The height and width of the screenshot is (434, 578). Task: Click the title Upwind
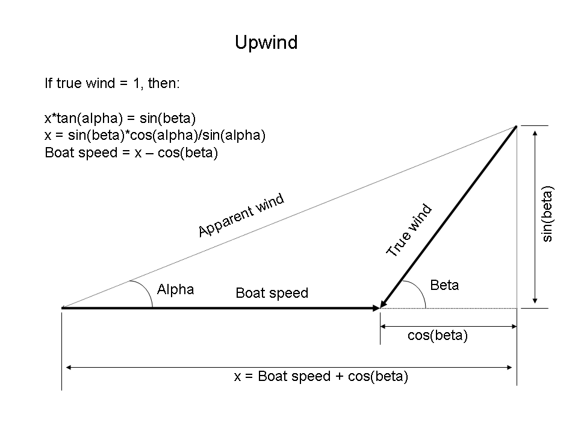[266, 43]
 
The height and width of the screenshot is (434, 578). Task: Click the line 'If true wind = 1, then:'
[112, 83]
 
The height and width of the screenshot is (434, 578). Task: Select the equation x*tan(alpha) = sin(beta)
[120, 118]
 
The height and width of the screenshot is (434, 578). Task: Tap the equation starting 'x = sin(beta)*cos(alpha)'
[155, 135]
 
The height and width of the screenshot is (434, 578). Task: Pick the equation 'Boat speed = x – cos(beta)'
[131, 153]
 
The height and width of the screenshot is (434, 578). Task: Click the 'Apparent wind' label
[240, 215]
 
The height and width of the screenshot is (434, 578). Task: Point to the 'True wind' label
[409, 231]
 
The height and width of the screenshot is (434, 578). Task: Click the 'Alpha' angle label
[175, 289]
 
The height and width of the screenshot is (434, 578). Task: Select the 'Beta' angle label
[444, 285]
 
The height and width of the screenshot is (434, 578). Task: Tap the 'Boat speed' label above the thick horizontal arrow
[272, 293]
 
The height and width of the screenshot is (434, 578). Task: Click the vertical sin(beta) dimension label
[547, 214]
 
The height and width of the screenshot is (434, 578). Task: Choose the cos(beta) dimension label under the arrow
[437, 336]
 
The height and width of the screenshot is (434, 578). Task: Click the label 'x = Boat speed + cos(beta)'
[321, 377]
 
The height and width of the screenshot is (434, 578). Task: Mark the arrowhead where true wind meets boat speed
[382, 306]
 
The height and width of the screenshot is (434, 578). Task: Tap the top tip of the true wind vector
[516, 126]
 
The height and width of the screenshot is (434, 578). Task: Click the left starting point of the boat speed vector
[63, 308]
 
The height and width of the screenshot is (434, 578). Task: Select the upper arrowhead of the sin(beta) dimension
[534, 129]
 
